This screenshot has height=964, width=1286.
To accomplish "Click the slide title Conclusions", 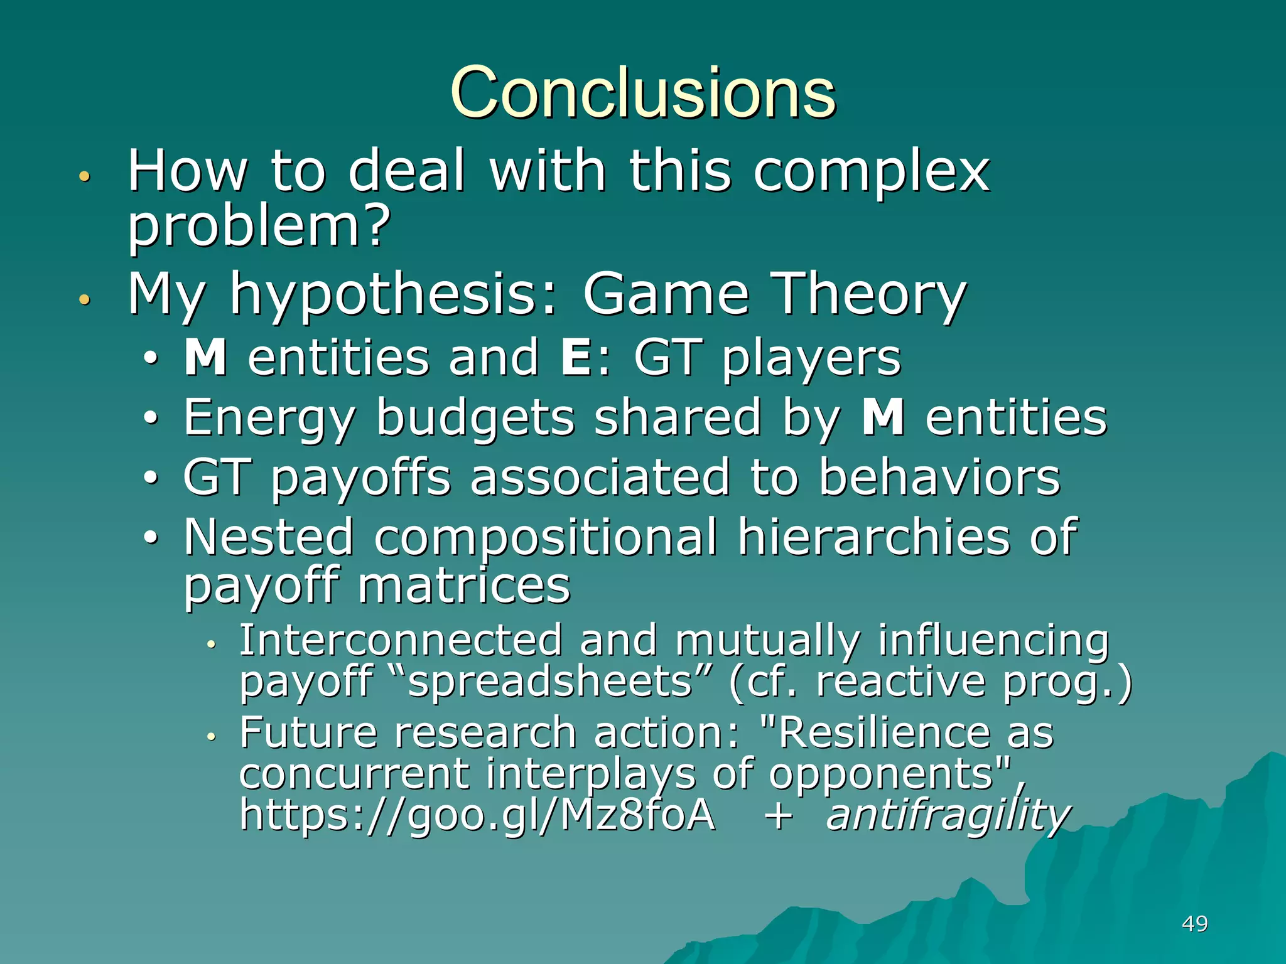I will tap(643, 93).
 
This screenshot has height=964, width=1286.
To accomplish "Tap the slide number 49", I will tap(1194, 924).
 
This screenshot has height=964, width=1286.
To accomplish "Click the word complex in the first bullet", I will tap(871, 173).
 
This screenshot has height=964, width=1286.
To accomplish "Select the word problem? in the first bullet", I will tap(259, 227).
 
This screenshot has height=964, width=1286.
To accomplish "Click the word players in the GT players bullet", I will tap(811, 360).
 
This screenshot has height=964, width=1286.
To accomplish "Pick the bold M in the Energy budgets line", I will tap(883, 417).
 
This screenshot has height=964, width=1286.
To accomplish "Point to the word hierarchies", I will tap(873, 538).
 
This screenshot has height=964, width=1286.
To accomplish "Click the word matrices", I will tap(464, 586).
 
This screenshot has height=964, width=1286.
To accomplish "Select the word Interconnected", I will tap(401, 641).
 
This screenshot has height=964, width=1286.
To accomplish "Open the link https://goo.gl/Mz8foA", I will tap(477, 815).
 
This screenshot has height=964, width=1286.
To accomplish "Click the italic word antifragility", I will tap(948, 815).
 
